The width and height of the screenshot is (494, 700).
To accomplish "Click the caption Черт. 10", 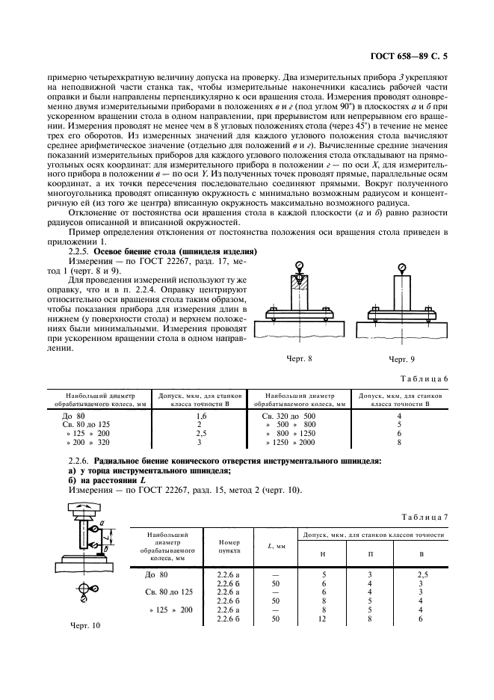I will (x=84, y=625).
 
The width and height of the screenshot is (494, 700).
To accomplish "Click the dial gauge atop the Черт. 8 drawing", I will (x=300, y=266).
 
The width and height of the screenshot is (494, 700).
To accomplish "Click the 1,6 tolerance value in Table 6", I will (x=200, y=415).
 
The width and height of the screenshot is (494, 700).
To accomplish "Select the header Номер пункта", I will (x=224, y=545).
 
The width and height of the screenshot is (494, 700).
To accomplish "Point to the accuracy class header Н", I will (x=324, y=554).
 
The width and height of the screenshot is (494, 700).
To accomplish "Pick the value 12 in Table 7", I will (x=324, y=618).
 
